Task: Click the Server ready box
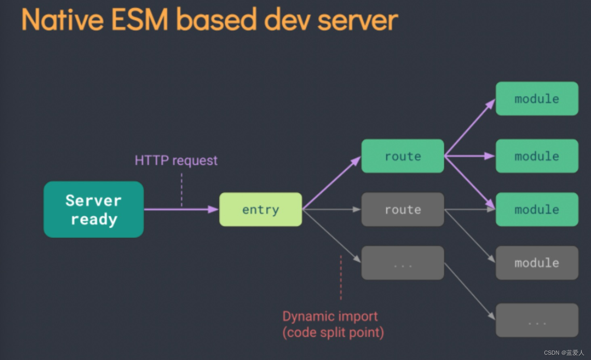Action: [x=94, y=209]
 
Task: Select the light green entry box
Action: [x=260, y=209]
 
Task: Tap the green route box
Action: [x=402, y=156]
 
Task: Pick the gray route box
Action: [x=402, y=209]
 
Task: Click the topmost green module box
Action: [x=537, y=98]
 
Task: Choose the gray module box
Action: [x=537, y=263]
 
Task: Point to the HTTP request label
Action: [x=176, y=160]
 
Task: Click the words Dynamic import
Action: [x=330, y=316]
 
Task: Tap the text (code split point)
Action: [x=333, y=333]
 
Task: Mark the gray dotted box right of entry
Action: [x=402, y=263]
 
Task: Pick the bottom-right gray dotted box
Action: [x=537, y=320]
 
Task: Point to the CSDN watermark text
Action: [x=564, y=353]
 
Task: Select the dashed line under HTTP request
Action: [x=182, y=190]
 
